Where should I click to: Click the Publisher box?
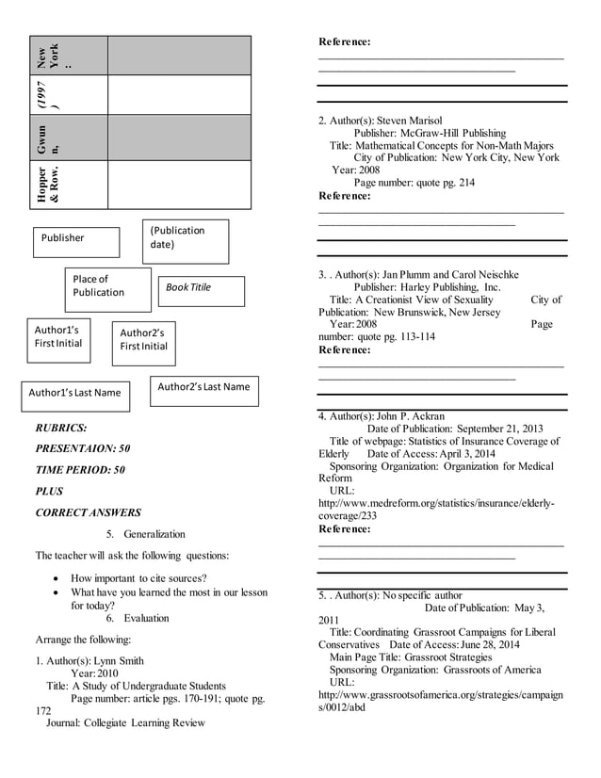pyautogui.click(x=76, y=242)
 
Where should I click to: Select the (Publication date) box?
pyautogui.click(x=186, y=241)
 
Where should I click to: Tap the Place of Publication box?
pyautogui.click(x=107, y=289)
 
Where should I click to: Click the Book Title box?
pyautogui.click(x=201, y=291)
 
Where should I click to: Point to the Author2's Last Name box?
pyautogui.click(x=203, y=390)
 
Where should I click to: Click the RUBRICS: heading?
pyautogui.click(x=61, y=427)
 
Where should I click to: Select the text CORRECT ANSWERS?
pyautogui.click(x=89, y=512)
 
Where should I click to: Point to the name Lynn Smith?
pyautogui.click(x=119, y=661)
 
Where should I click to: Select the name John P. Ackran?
pyautogui.click(x=410, y=415)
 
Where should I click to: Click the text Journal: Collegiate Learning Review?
pyautogui.click(x=125, y=722)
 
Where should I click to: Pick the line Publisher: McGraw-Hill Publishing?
pyautogui.click(x=430, y=134)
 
